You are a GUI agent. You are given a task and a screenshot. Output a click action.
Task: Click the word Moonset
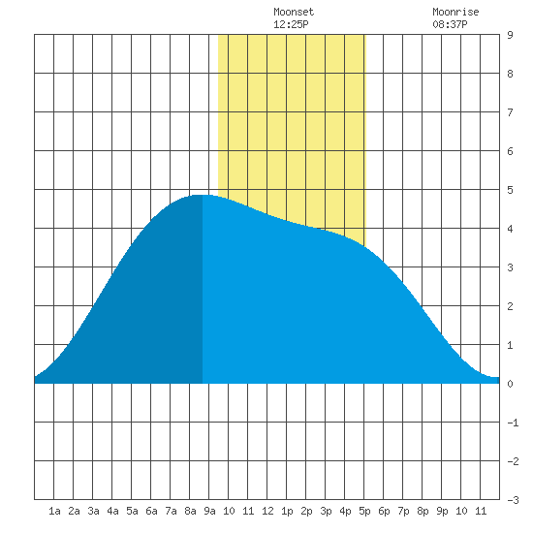pos(294,12)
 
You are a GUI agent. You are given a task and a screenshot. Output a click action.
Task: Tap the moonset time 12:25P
pos(291,24)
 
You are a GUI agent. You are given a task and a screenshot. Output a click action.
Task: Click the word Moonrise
pos(455,12)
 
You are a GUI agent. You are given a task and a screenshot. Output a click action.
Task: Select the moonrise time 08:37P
pos(450,24)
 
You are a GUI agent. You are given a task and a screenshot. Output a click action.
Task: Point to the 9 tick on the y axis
pos(510,35)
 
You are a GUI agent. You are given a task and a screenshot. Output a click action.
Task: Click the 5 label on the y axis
pos(510,190)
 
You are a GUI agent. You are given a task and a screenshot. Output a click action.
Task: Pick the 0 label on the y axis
pos(510,384)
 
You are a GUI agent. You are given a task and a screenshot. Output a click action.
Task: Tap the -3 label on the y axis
pos(513,500)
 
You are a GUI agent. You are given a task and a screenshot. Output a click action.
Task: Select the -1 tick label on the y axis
pos(513,423)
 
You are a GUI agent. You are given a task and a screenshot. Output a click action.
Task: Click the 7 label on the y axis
pos(510,112)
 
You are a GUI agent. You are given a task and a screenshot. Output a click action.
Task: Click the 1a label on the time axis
pos(54,511)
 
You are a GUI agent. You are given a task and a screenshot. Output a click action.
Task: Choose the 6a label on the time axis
pos(151,511)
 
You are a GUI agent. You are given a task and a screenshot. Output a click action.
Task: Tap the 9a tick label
pos(209,511)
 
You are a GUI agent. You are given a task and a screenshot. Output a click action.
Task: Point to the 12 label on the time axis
pos(267,511)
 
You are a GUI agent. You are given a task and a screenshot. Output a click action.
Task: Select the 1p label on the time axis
pos(287,511)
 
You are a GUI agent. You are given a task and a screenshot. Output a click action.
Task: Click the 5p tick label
pos(364,511)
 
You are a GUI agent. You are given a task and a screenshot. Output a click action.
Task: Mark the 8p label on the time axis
pos(423,511)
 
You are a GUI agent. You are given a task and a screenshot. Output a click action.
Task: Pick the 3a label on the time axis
pos(93,511)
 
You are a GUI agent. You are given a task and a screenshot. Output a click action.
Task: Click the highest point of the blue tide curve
pos(203,195)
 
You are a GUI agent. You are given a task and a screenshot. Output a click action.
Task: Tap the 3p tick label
pos(326,511)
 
